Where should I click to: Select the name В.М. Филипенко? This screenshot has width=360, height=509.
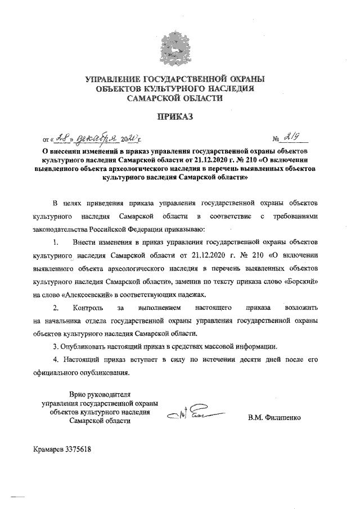pyautogui.click(x=274, y=418)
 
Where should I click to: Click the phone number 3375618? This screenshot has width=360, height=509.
pyautogui.click(x=78, y=449)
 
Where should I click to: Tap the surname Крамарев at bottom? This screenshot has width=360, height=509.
pyautogui.click(x=48, y=449)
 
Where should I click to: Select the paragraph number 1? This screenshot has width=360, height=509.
pyautogui.click(x=55, y=242)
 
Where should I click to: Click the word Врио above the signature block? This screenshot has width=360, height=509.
pyautogui.click(x=79, y=394)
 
